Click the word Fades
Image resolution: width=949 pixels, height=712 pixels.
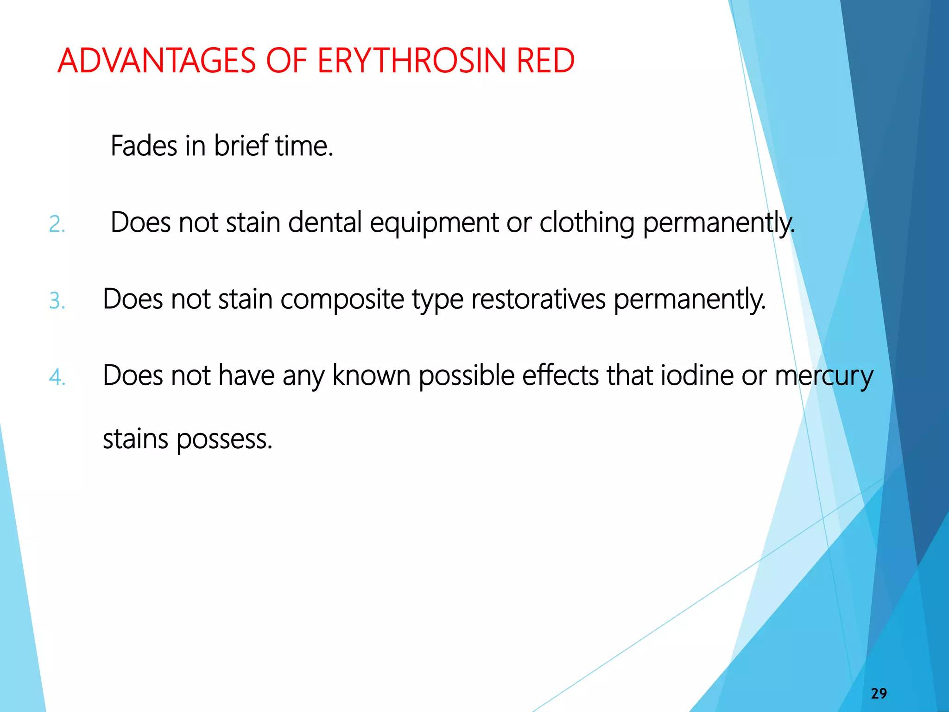[144, 146]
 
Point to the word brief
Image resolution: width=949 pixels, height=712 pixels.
[241, 146]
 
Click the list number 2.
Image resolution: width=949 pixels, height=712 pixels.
[57, 225]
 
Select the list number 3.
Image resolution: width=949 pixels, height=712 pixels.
[57, 301]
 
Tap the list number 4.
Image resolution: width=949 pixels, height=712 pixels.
[57, 377]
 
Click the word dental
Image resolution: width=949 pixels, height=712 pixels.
[325, 222]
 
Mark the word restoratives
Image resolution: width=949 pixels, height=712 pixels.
[538, 299]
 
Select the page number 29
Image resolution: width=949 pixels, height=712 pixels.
[879, 693]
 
